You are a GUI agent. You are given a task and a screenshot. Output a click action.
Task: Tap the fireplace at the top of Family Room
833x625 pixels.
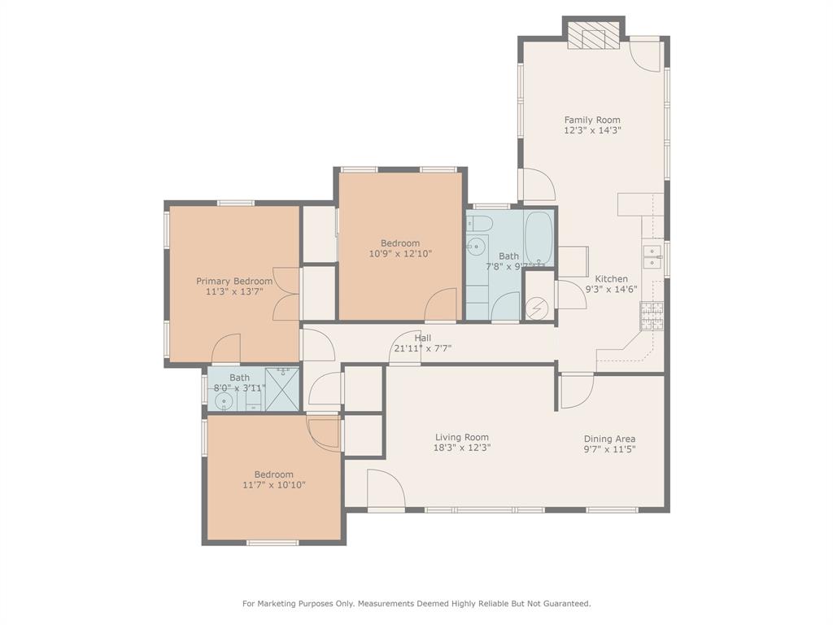click(x=593, y=36)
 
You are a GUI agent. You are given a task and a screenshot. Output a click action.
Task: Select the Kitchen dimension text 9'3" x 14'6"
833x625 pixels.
click(x=611, y=289)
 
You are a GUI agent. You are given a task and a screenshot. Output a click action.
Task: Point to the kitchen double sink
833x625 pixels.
click(x=652, y=257)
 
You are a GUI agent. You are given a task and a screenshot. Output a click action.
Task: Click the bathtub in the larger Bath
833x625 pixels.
click(x=539, y=238)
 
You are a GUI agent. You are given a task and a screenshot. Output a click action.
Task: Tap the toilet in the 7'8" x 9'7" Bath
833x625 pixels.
click(x=481, y=224)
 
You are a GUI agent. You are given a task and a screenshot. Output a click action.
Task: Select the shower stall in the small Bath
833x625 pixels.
click(x=283, y=388)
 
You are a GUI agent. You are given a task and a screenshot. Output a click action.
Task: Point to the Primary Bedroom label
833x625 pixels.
click(x=234, y=282)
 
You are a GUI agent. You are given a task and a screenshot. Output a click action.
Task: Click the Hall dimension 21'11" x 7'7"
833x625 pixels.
click(x=422, y=348)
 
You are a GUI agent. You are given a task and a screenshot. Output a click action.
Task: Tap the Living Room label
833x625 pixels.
click(x=461, y=437)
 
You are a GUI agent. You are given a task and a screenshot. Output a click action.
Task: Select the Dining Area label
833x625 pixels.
click(x=609, y=439)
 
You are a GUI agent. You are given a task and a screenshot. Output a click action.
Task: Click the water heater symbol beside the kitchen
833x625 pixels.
click(x=538, y=308)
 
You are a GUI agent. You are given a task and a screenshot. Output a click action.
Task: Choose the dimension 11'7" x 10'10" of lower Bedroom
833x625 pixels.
click(x=273, y=485)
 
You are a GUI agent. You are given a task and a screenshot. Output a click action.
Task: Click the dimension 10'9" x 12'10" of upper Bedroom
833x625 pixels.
click(x=400, y=253)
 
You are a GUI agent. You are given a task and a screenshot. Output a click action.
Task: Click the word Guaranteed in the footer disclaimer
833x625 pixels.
click(x=563, y=604)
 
